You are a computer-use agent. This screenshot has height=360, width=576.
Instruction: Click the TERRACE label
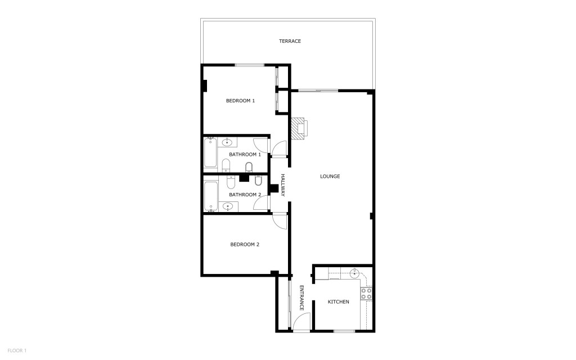290,41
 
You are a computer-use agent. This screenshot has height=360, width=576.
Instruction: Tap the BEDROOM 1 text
240,101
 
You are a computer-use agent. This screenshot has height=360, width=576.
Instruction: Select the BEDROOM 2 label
245,244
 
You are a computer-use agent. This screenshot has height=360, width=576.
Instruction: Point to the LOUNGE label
330,176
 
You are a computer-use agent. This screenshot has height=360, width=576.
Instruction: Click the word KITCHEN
338,302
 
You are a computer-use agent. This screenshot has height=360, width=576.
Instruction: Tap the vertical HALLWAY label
283,185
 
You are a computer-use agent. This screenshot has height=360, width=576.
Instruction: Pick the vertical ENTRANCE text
301,298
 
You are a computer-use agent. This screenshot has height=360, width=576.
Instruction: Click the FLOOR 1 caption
17,351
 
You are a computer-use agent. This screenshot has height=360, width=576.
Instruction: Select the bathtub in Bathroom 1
210,152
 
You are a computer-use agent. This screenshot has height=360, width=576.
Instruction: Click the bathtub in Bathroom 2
211,197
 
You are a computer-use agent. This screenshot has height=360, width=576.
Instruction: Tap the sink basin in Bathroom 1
227,142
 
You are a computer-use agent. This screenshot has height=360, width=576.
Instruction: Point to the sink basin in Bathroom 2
228,207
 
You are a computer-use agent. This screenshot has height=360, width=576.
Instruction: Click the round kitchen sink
354,273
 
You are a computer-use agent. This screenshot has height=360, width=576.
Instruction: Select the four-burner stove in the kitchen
366,294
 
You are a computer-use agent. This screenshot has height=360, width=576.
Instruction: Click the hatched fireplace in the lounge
299,128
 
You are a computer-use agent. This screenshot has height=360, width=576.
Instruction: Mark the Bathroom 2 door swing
261,202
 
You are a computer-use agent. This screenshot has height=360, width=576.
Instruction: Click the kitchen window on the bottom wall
344,331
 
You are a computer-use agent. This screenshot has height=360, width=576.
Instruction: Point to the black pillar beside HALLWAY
273,188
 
